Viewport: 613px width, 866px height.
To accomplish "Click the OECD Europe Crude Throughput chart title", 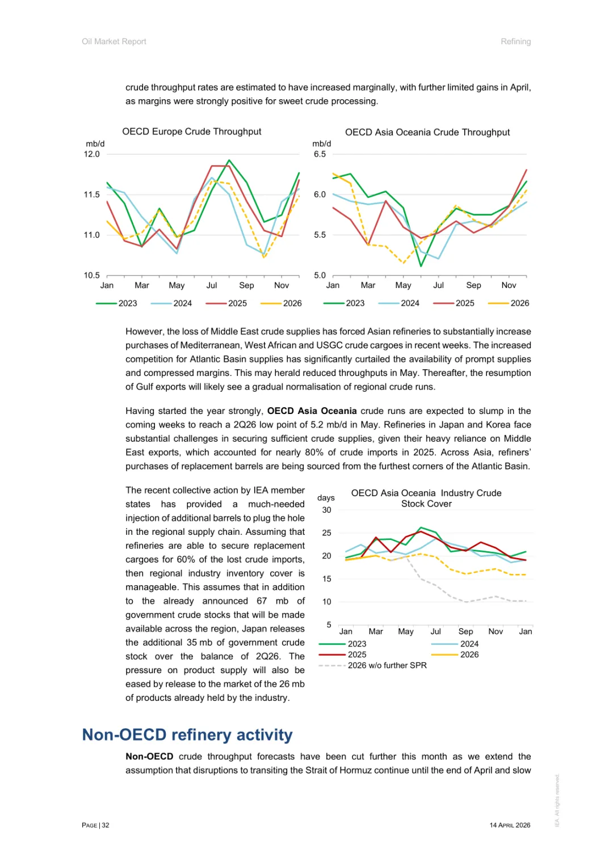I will pos(192,132).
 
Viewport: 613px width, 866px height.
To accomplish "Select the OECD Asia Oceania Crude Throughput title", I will pos(427,132).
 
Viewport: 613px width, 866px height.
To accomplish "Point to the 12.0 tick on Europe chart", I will pos(92,154).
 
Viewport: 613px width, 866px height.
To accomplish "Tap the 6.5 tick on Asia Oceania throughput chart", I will pos(320,154).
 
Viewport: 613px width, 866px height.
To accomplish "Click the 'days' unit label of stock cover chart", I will pos(326,498).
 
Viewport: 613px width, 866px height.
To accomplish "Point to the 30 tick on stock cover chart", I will pos(327,510).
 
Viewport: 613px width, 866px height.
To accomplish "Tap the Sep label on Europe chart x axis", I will pos(246,285).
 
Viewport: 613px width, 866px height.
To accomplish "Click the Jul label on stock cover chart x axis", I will pos(435,631).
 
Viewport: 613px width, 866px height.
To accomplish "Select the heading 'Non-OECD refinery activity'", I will pos(187,735).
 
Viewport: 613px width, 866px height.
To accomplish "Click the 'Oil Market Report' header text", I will pos(114,41).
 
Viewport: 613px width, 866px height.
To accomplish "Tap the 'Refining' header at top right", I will pos(515,41).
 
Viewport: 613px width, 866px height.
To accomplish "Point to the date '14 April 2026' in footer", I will pos(510,825).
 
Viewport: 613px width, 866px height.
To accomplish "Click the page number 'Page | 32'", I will pos(95,825).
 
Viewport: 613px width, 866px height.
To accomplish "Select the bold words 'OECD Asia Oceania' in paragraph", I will pos(312,411).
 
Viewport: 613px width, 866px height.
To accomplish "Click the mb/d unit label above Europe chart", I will pos(95,144).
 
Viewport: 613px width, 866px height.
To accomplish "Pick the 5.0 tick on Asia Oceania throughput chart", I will pos(320,276).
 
